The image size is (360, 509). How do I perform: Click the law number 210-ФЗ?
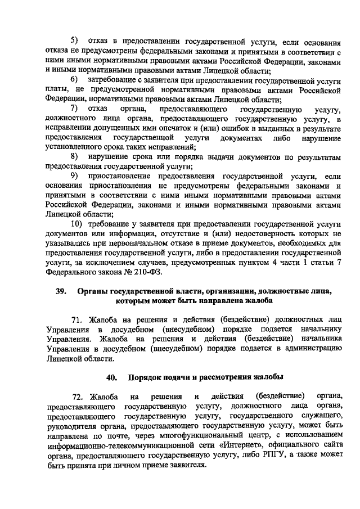147,272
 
